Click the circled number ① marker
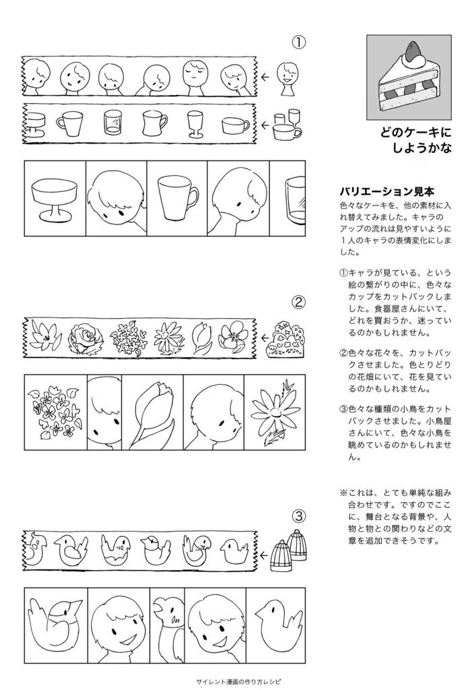coord(299,42)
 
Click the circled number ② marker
coord(299,301)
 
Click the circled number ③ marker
coord(299,516)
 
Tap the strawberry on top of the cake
coord(412,49)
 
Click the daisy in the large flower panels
coord(274,411)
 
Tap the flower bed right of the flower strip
coord(286,340)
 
